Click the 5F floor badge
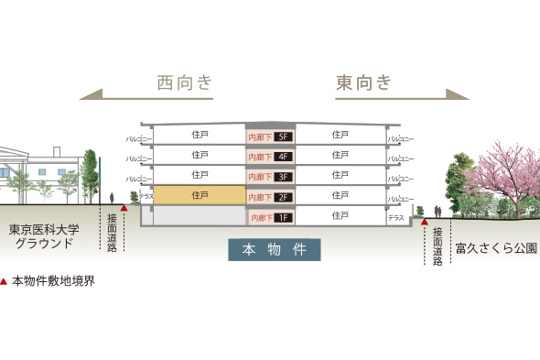(x=282, y=137)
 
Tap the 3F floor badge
(x=282, y=177)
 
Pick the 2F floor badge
(x=282, y=197)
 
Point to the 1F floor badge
(x=282, y=218)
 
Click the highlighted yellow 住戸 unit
(x=200, y=195)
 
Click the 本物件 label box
(x=274, y=249)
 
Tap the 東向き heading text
(x=363, y=83)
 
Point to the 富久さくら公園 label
(x=495, y=247)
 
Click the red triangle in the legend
(x=5, y=281)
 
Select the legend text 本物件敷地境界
(x=53, y=281)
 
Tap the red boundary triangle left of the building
(x=124, y=209)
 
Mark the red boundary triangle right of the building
(x=425, y=221)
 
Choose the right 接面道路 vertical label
(x=437, y=246)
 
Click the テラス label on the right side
(x=395, y=218)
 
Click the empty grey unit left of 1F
(x=200, y=216)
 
